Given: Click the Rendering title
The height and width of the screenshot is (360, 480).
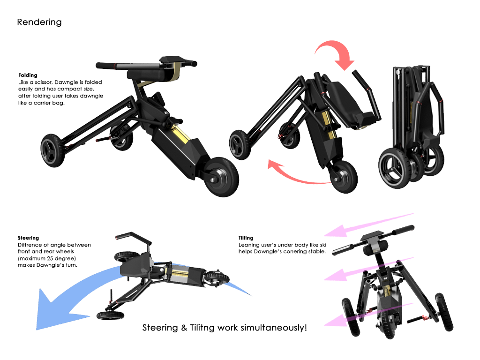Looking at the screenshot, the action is [39, 22].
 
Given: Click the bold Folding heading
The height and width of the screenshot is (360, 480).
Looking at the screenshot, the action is [28, 75].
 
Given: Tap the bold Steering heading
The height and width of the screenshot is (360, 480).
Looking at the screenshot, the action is [29, 238].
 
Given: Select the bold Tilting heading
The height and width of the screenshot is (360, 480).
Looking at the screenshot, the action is [246, 238].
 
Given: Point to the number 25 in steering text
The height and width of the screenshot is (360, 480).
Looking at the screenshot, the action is [50, 258].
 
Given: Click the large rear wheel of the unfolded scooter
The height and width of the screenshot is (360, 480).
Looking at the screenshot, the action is [221, 177].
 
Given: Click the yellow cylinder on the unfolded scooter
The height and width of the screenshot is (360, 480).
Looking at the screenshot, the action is [180, 134].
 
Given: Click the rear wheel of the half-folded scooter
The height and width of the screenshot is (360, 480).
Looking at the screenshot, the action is [344, 177].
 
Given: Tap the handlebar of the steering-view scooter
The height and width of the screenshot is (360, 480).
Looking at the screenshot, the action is [135, 237].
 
